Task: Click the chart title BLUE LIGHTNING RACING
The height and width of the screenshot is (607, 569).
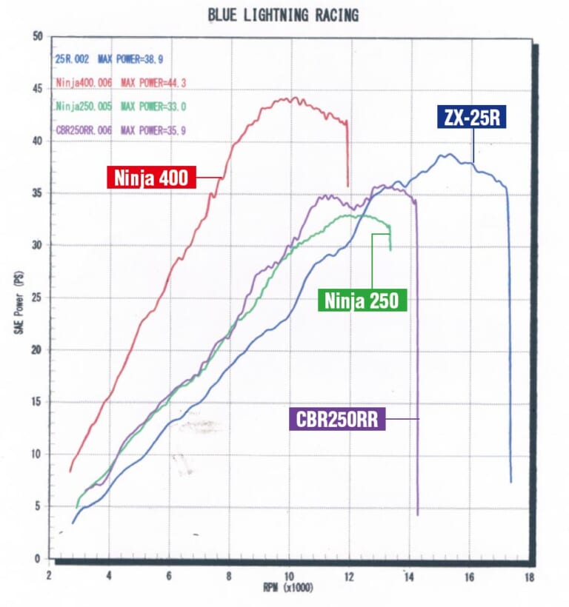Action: point(284,15)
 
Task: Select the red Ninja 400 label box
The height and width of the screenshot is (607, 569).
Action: point(151,177)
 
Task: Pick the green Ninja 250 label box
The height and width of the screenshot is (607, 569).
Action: point(362,300)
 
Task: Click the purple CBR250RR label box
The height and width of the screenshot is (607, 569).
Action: point(336,420)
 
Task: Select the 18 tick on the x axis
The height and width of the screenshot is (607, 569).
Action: point(528,575)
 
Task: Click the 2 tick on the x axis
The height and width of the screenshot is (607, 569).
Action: point(49,575)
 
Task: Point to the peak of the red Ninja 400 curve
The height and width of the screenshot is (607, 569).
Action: point(293,97)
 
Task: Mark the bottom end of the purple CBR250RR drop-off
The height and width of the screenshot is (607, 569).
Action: point(418,514)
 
